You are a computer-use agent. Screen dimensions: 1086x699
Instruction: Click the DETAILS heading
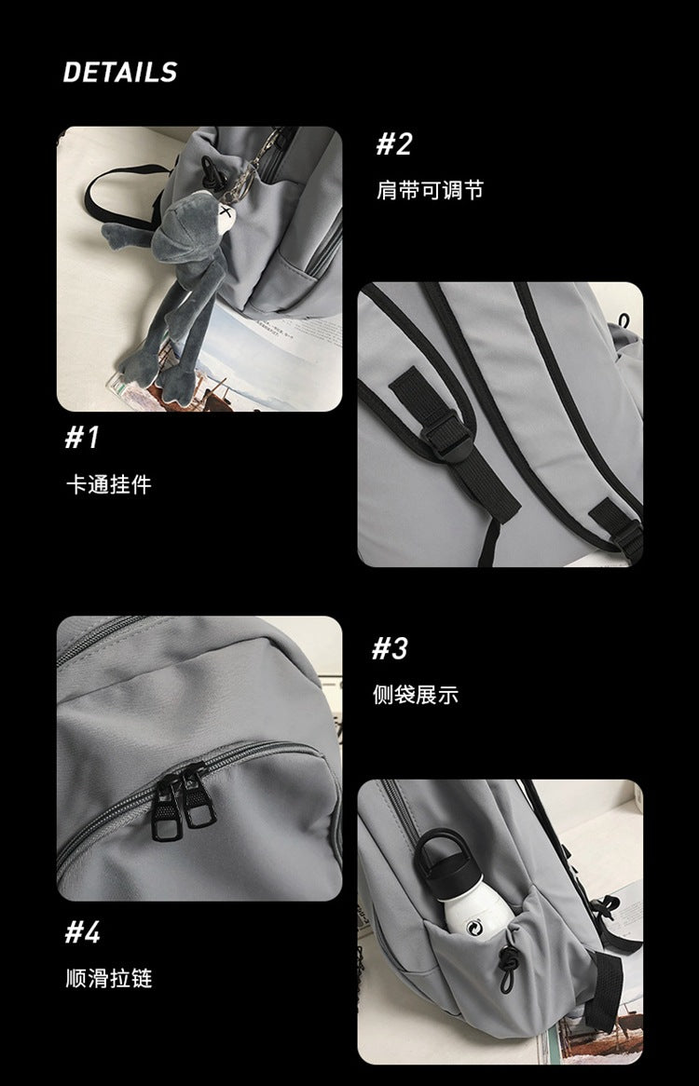(x=119, y=73)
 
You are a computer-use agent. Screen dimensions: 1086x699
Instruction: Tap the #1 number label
(x=82, y=437)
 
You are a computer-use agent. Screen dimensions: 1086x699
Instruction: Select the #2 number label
(x=393, y=144)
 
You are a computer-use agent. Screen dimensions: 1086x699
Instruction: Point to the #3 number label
(x=391, y=648)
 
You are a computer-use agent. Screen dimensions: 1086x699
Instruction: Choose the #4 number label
(x=82, y=931)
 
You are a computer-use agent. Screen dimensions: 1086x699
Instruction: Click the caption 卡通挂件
(x=108, y=484)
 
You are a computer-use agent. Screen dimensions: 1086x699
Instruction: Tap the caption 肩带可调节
(x=430, y=191)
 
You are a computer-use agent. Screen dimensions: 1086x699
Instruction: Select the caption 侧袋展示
(x=416, y=695)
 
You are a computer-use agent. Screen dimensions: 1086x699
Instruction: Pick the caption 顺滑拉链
(x=108, y=978)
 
